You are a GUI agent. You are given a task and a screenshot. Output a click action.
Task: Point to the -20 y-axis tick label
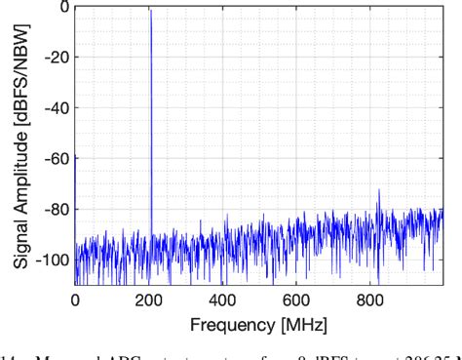55,57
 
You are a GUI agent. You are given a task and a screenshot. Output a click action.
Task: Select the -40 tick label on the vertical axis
55,107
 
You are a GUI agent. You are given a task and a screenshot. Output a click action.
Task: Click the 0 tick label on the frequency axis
75,299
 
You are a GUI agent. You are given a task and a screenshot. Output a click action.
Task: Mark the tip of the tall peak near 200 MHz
151,10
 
